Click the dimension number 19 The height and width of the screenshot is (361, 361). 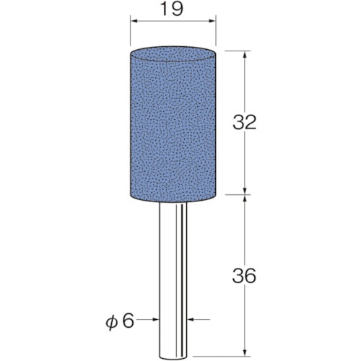coord(171,9)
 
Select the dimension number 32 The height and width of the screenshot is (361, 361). coord(244,122)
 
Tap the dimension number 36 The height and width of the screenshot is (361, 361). coord(244,276)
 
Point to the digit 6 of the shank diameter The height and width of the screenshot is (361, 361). coord(128,321)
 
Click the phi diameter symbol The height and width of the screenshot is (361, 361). coord(112,322)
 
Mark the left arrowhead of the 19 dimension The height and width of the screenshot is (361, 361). coord(134,22)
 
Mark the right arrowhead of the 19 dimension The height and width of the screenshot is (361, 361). coord(212,22)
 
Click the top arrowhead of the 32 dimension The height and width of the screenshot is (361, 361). coord(245,54)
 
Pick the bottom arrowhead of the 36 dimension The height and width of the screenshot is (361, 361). coord(245,352)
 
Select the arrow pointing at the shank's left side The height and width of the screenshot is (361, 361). coord(147,319)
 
